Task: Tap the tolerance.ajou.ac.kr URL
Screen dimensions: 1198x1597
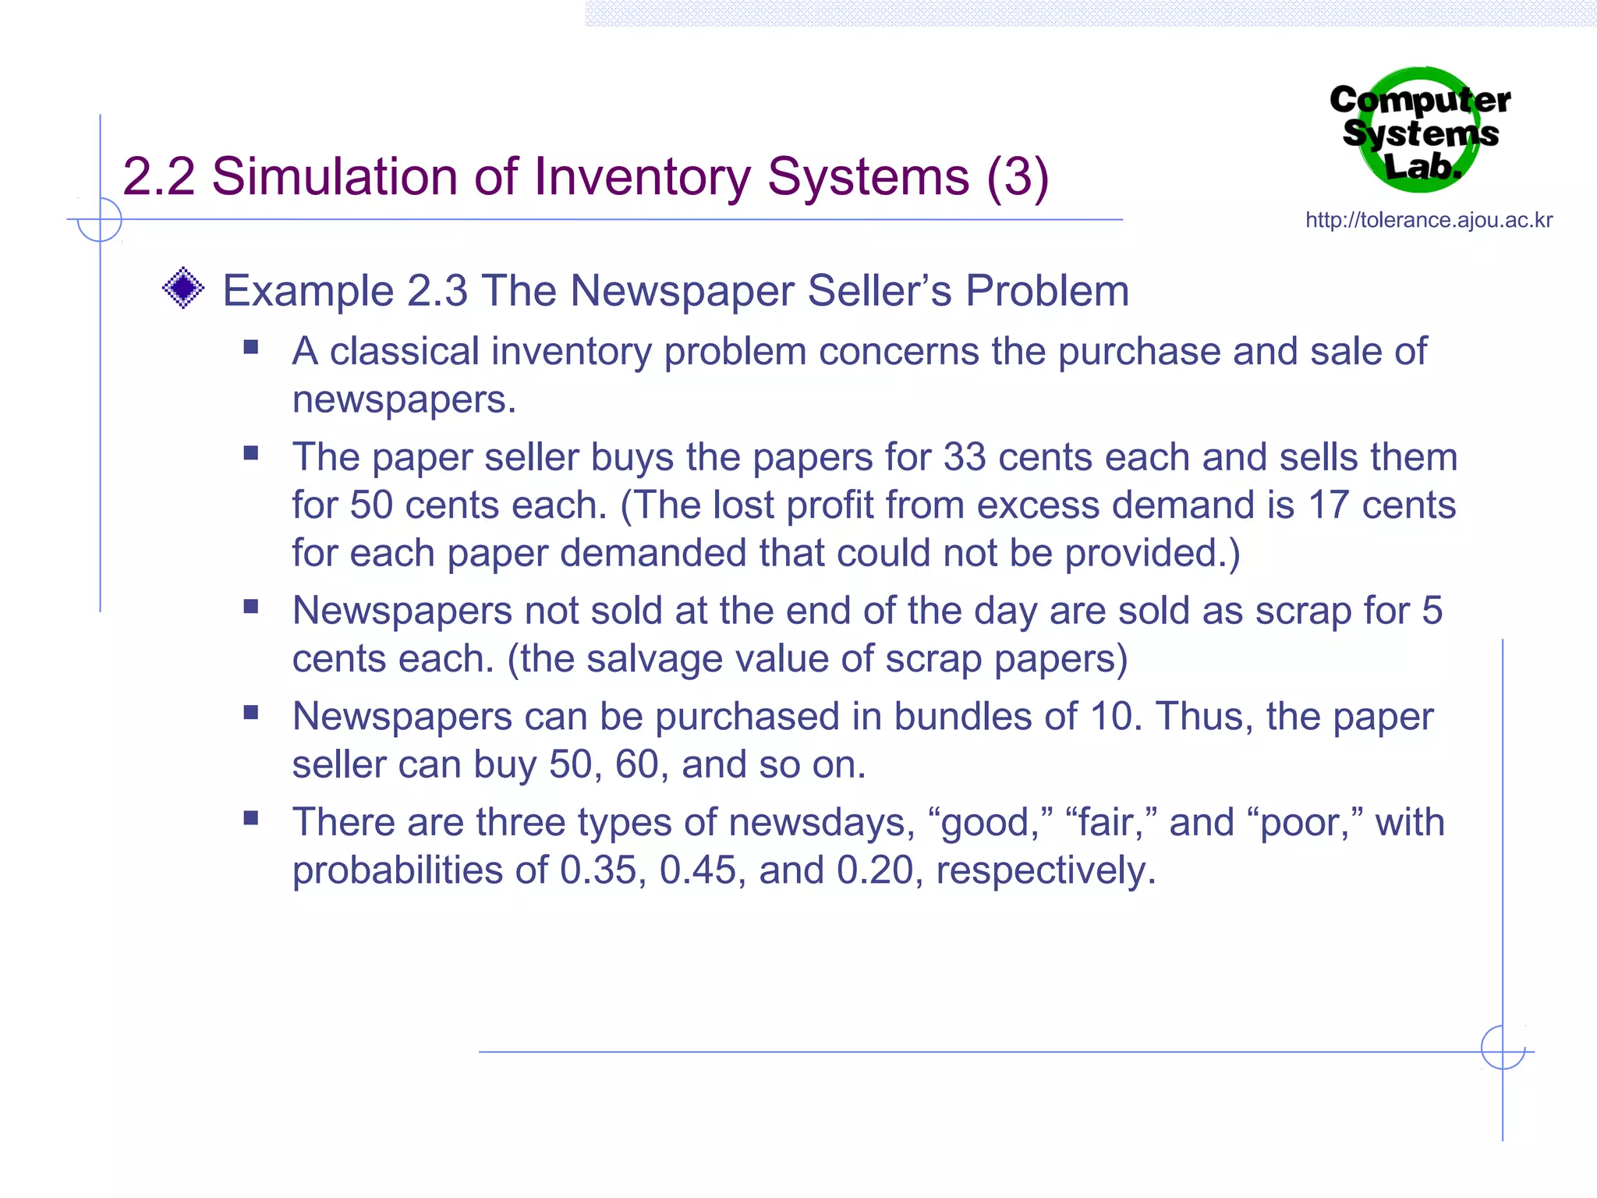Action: (x=1429, y=220)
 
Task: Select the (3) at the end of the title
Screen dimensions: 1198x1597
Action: (x=1017, y=176)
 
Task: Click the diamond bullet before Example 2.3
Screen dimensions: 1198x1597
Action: (x=183, y=289)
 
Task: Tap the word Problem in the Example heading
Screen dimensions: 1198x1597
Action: (x=1047, y=291)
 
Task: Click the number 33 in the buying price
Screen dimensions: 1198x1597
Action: (x=965, y=457)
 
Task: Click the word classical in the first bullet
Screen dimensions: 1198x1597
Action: (x=405, y=351)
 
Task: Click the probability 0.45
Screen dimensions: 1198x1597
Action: (x=697, y=870)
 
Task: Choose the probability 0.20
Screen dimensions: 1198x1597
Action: (x=875, y=870)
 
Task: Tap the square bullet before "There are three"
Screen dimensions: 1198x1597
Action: (x=250, y=817)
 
